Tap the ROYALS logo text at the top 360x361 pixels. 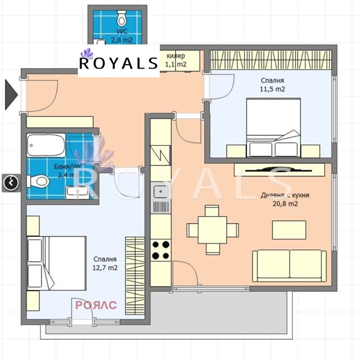[x=118, y=63]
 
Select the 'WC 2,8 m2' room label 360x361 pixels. [x=122, y=35]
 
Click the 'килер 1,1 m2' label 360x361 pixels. [x=176, y=60]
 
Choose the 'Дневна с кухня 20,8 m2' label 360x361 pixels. [x=285, y=200]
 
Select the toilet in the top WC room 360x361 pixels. [x=122, y=15]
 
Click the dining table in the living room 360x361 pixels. [x=213, y=230]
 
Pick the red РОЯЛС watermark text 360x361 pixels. [x=96, y=305]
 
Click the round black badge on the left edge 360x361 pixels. [x=10, y=183]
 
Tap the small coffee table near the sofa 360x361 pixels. [x=289, y=230]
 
